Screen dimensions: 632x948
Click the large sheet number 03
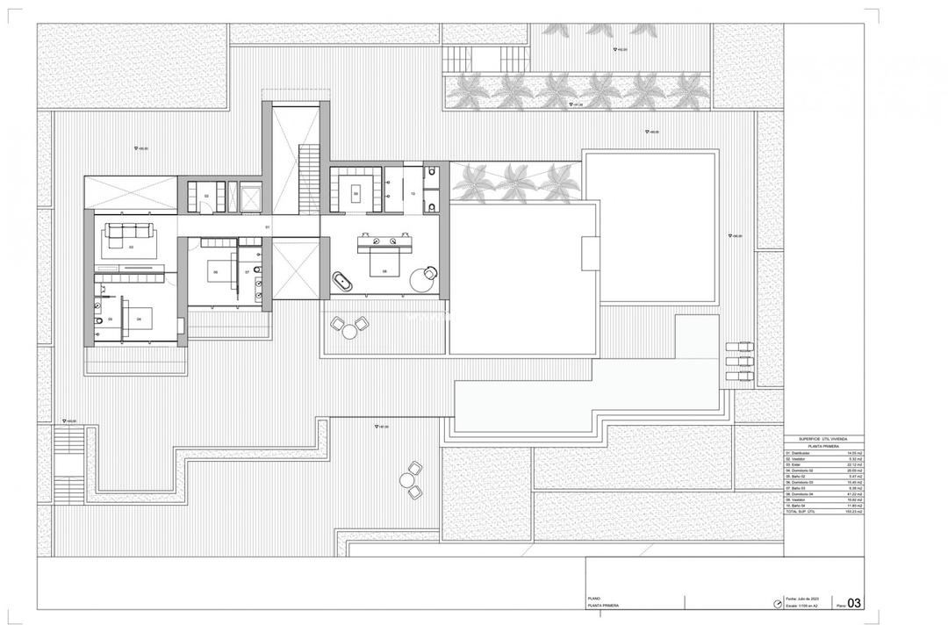point(851,602)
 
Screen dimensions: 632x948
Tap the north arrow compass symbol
point(776,604)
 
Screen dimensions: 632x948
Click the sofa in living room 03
point(130,233)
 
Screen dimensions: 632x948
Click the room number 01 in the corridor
point(267,226)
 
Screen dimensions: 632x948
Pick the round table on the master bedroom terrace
point(350,330)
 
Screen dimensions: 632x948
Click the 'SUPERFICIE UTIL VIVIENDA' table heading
point(823,439)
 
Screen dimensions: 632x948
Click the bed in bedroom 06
point(218,271)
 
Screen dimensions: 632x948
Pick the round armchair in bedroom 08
point(428,274)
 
